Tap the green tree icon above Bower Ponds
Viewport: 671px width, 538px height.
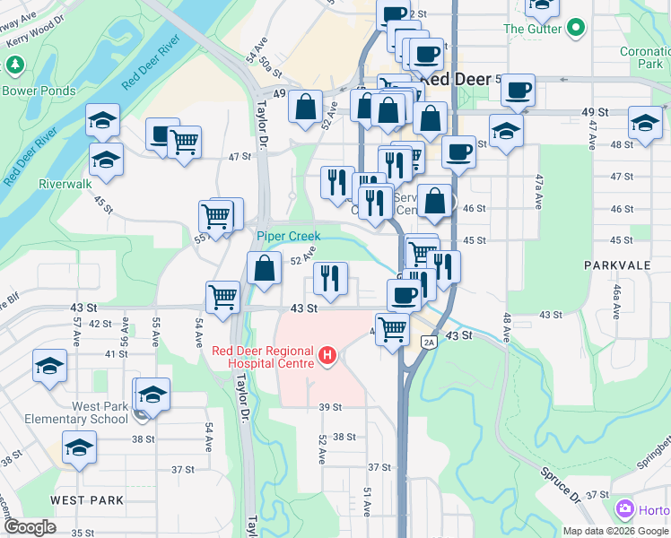coord(14,65)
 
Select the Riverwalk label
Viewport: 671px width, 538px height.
coord(65,184)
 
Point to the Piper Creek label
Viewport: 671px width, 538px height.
coord(288,236)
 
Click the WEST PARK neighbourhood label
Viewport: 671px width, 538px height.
coord(86,499)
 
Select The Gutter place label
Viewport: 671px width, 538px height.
coord(533,29)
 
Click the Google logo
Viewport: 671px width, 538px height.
coord(30,527)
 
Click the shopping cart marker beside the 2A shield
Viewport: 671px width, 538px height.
coord(392,330)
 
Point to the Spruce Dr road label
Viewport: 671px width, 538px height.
coord(561,490)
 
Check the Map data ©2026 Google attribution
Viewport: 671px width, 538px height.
coord(615,531)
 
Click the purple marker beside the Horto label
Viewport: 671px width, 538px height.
coord(626,510)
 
